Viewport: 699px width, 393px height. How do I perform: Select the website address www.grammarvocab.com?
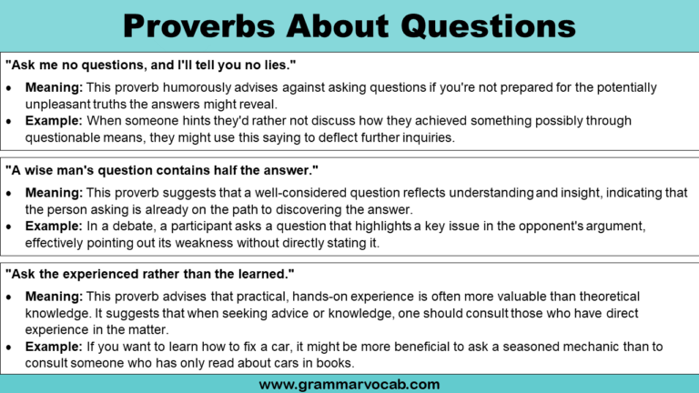tap(349, 383)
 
